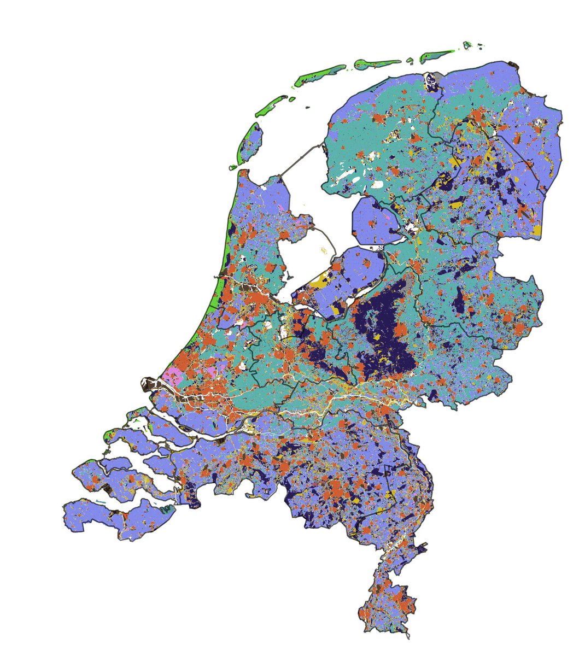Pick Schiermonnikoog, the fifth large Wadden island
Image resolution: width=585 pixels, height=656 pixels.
[x=436, y=55]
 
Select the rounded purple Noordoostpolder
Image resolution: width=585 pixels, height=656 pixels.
[x=375, y=221]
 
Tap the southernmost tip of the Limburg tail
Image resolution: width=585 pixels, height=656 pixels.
[x=407, y=637]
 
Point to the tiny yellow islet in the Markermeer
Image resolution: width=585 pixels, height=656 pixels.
[x=323, y=250]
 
